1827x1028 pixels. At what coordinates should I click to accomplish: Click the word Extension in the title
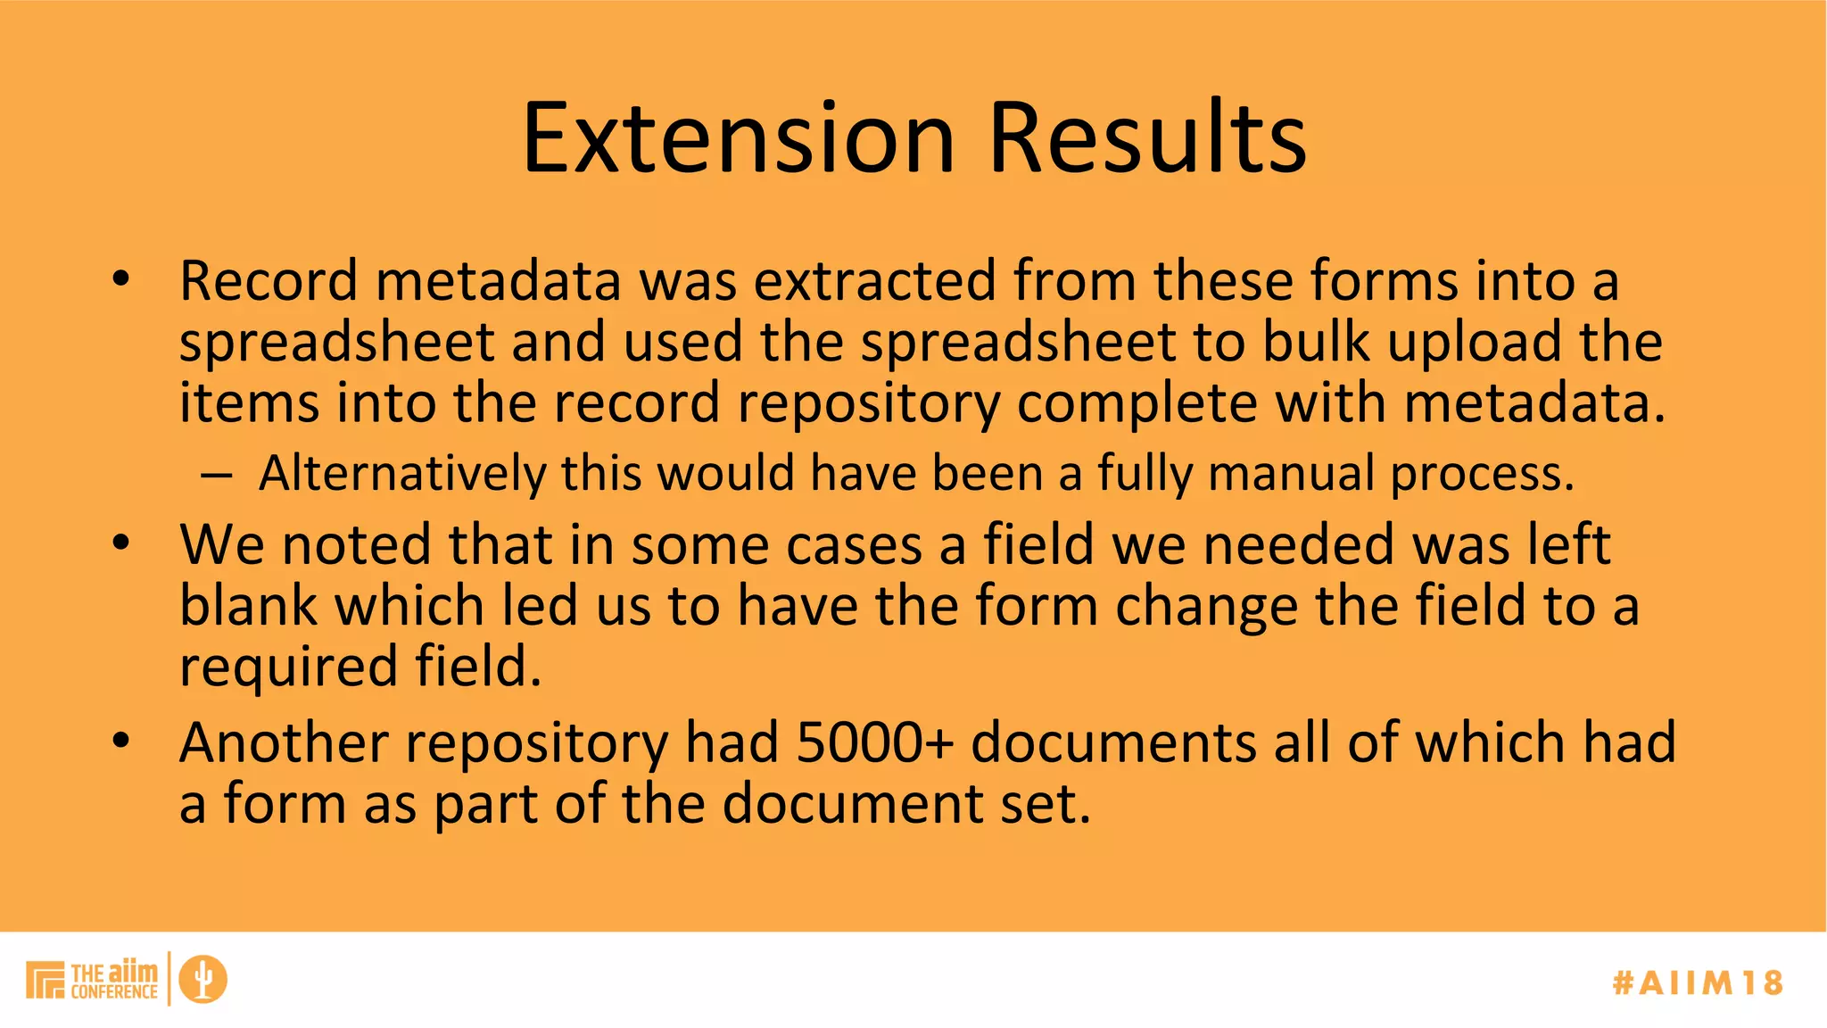point(739,138)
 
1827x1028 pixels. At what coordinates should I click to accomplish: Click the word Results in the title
point(1148,138)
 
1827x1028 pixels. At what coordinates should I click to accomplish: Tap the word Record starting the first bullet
point(269,281)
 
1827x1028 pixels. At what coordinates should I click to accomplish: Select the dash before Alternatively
point(217,476)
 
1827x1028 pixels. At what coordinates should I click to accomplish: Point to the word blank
point(248,606)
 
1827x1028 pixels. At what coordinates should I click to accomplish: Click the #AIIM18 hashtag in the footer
point(1698,982)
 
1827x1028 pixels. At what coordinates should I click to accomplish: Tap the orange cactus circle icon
point(203,979)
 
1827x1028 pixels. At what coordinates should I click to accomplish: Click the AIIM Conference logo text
point(113,981)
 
